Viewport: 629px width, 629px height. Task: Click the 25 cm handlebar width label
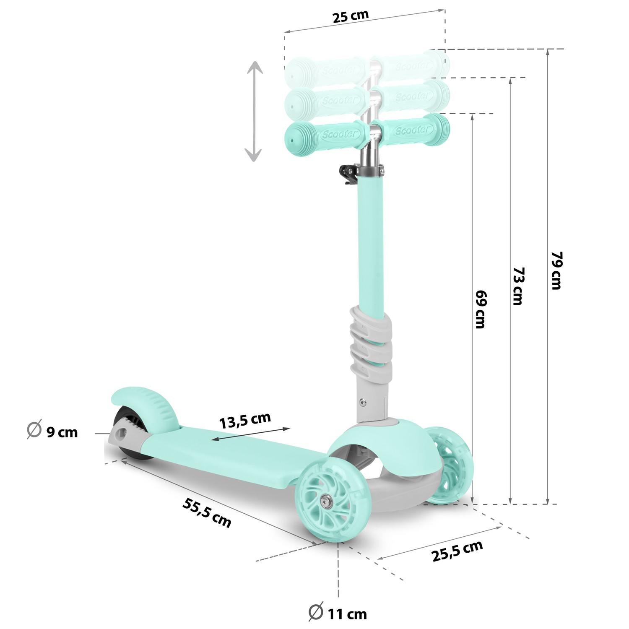[x=350, y=16]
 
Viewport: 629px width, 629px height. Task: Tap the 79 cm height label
[x=556, y=270]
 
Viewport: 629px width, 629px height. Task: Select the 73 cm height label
[x=518, y=286]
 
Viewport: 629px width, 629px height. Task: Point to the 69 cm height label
[x=481, y=309]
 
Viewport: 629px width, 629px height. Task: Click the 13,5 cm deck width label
[x=245, y=420]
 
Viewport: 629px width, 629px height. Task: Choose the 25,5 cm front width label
[x=457, y=551]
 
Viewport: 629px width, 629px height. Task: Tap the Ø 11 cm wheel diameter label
[x=338, y=613]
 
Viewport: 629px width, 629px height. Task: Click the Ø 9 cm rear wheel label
[x=53, y=431]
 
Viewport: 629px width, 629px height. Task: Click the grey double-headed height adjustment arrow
[x=254, y=111]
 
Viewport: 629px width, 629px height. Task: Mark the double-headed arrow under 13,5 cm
[x=251, y=434]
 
